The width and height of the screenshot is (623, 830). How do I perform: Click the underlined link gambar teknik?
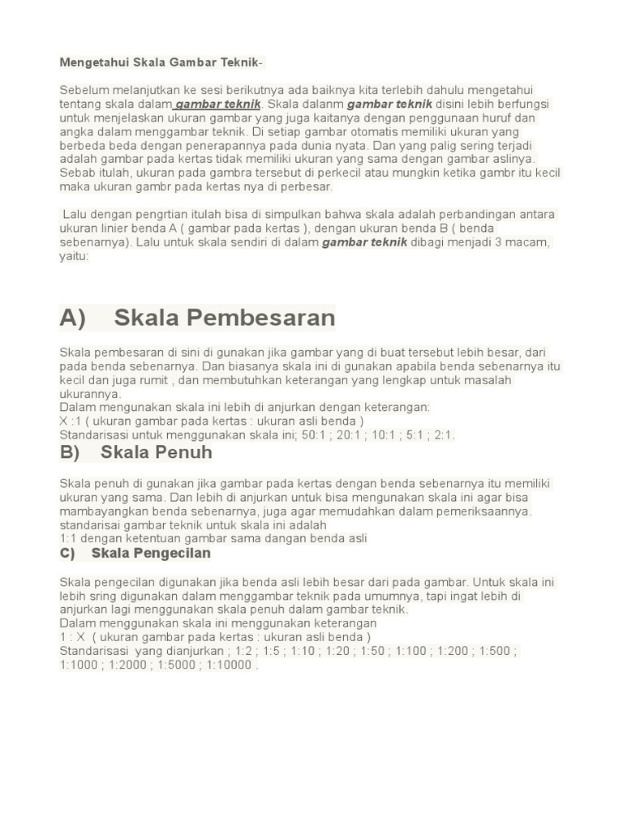pyautogui.click(x=218, y=105)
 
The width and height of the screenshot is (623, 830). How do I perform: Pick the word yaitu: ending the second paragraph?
pyautogui.click(x=74, y=256)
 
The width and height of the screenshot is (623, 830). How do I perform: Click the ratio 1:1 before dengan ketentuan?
pyautogui.click(x=69, y=539)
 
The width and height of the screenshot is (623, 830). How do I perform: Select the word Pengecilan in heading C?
pyautogui.click(x=169, y=554)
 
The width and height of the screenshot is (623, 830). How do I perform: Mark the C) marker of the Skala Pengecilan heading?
pyautogui.click(x=67, y=554)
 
